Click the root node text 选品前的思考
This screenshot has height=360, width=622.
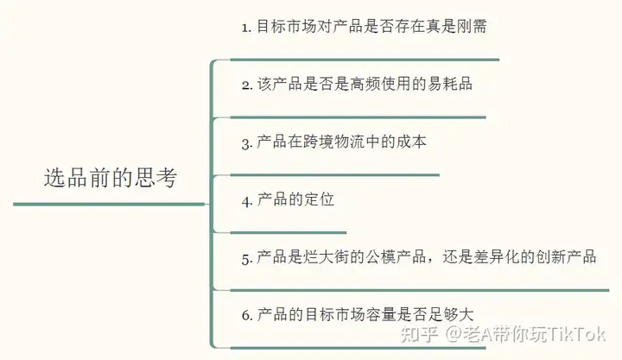pyautogui.click(x=110, y=179)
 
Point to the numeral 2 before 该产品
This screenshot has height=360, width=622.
pyautogui.click(x=245, y=85)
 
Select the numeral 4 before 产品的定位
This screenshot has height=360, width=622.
pyautogui.click(x=245, y=200)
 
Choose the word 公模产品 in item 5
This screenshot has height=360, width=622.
pyautogui.click(x=403, y=257)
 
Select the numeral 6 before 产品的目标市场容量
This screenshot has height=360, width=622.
pyautogui.click(x=245, y=315)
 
